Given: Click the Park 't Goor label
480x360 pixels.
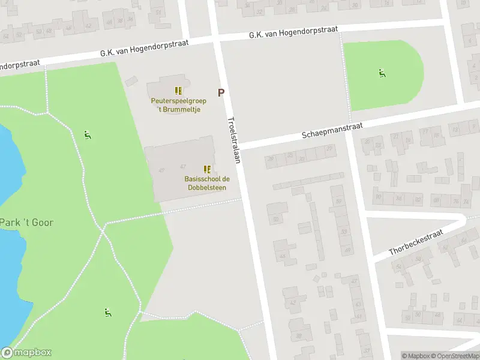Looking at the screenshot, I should pyautogui.click(x=26, y=223).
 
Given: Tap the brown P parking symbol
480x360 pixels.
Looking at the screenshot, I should pyautogui.click(x=221, y=93).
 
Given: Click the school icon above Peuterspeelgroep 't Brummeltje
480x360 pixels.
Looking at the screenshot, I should pyautogui.click(x=178, y=91).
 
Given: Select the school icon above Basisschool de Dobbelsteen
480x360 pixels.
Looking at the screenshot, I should pyautogui.click(x=207, y=169).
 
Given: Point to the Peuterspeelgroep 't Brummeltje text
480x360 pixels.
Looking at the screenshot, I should pyautogui.click(x=178, y=105).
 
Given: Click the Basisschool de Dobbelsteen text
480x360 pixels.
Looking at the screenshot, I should pyautogui.click(x=207, y=183).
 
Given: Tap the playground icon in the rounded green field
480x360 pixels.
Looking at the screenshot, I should pyautogui.click(x=382, y=73).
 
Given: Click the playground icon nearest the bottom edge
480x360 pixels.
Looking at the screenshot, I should pyautogui.click(x=107, y=312).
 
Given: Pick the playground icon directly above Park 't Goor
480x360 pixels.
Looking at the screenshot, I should pyautogui.click(x=88, y=134).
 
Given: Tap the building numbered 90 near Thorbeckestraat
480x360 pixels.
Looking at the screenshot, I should pyautogui.click(x=378, y=196).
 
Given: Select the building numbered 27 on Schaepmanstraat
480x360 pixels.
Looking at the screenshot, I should pyautogui.click(x=329, y=148).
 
